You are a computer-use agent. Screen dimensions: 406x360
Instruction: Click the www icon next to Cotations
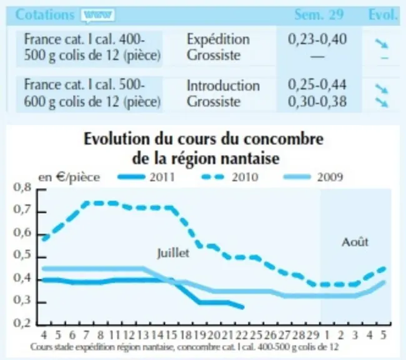click(x=97, y=15)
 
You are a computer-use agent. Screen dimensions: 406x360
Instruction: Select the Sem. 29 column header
click(x=319, y=14)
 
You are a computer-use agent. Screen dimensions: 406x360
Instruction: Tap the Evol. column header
click(x=383, y=14)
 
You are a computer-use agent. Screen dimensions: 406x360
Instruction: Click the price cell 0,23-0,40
click(x=317, y=39)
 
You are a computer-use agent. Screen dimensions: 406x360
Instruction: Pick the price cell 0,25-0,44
click(x=317, y=85)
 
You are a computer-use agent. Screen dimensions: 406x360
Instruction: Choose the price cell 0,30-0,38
click(x=317, y=101)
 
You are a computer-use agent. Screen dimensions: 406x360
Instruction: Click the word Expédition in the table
click(x=218, y=40)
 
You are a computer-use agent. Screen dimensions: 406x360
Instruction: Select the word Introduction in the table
click(x=223, y=86)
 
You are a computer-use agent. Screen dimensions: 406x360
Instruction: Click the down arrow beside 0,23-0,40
click(x=382, y=43)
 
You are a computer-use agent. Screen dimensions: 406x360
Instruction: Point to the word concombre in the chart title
click(x=284, y=139)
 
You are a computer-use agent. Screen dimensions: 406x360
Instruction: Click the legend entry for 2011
click(x=146, y=177)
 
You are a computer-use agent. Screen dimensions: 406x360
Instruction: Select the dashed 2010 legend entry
click(x=230, y=177)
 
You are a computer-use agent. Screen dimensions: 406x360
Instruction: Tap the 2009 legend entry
click(x=314, y=177)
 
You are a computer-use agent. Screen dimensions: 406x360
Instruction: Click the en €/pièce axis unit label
click(x=69, y=177)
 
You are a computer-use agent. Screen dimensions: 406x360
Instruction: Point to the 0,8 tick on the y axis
click(x=22, y=187)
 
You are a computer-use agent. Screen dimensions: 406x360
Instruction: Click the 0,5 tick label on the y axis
click(x=22, y=255)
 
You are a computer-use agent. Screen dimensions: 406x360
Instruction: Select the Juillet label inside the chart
click(x=173, y=253)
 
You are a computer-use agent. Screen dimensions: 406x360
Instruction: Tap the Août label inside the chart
click(x=355, y=242)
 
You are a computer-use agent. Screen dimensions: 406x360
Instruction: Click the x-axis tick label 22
click(x=242, y=335)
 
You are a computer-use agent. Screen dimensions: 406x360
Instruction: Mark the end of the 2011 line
click(x=243, y=307)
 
